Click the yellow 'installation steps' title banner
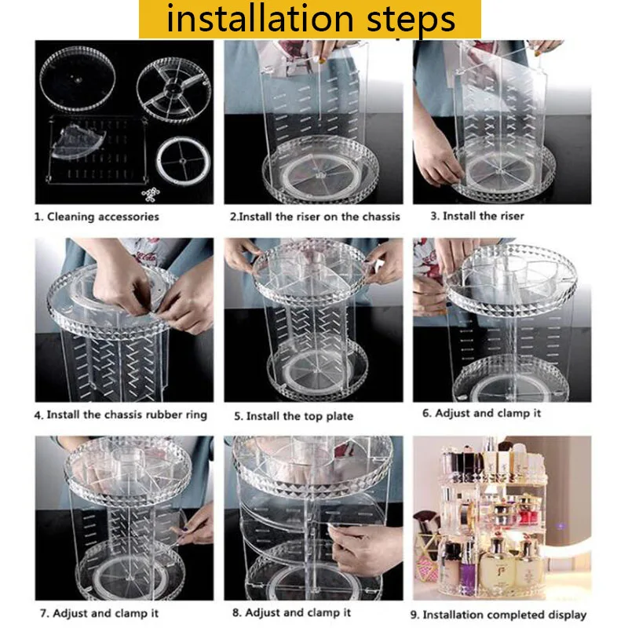click(x=309, y=19)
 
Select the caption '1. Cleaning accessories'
click(x=97, y=217)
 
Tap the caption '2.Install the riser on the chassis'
click(x=315, y=217)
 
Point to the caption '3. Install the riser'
click(x=477, y=216)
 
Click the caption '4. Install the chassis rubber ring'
click(x=121, y=414)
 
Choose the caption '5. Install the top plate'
click(x=294, y=416)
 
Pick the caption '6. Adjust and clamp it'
click(x=481, y=413)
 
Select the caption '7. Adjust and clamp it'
click(x=99, y=613)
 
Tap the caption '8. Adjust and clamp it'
click(x=291, y=612)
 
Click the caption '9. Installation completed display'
click(x=498, y=615)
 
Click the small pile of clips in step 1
click(x=151, y=194)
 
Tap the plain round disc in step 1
click(x=78, y=78)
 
